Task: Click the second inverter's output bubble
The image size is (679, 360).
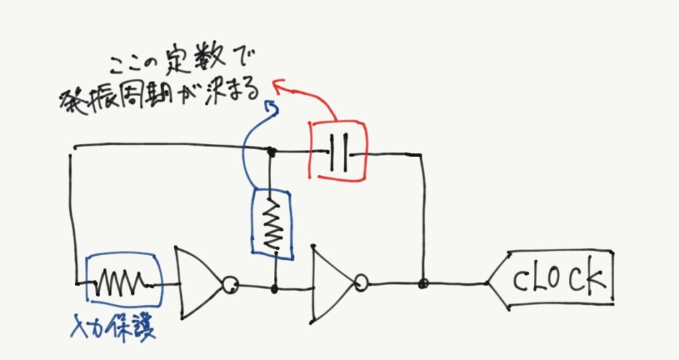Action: coord(361,284)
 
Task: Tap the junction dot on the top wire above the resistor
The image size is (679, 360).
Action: coord(271,152)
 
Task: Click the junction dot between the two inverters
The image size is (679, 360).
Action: coord(275,289)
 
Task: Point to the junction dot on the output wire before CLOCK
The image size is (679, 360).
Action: coord(422,284)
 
